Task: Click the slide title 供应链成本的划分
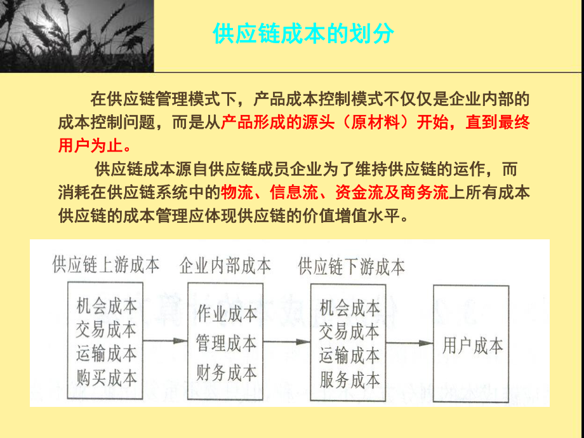[x=303, y=34]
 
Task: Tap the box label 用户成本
[x=472, y=346]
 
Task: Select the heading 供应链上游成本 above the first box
[x=106, y=265]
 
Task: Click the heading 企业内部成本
[x=225, y=265]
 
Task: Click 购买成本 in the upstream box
[x=106, y=378]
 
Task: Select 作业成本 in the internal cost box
[x=227, y=313]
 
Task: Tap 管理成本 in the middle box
[x=227, y=343]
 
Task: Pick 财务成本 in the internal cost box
[x=227, y=373]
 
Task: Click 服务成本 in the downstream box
[x=350, y=380]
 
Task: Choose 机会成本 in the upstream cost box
[x=106, y=306]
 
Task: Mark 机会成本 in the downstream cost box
[x=350, y=308]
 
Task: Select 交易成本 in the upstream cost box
[x=106, y=329]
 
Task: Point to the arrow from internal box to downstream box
[x=286, y=342]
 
